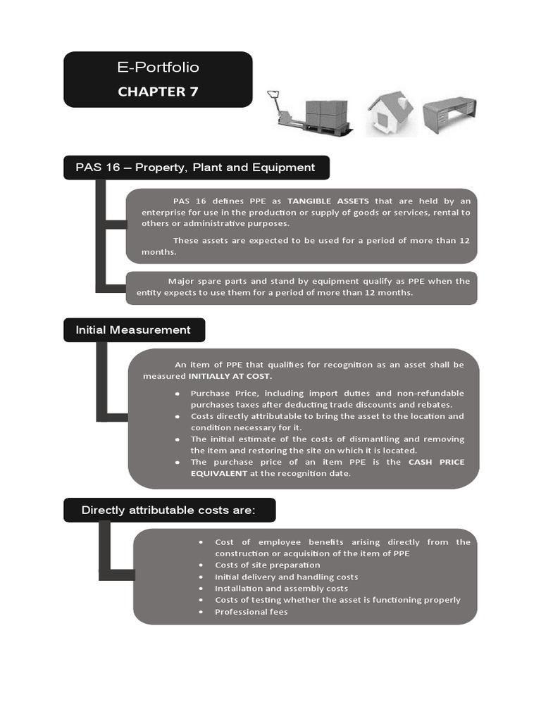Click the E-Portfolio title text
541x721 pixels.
158,68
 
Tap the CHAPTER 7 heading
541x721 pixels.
158,91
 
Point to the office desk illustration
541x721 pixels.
449,113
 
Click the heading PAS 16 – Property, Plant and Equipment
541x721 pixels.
195,168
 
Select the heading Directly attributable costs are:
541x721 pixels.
168,510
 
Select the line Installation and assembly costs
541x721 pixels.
282,589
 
